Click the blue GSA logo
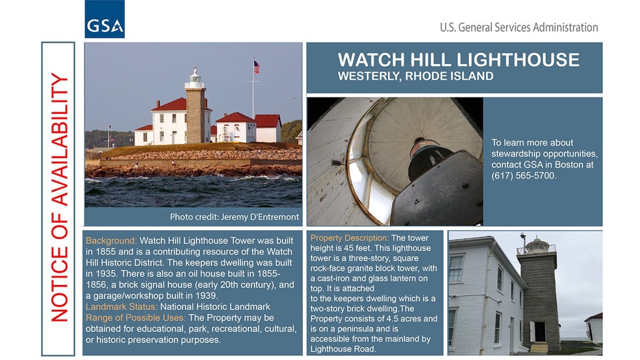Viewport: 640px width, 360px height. click(x=104, y=19)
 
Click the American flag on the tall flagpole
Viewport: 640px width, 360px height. click(x=256, y=67)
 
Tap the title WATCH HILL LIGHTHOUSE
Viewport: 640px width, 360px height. click(x=458, y=60)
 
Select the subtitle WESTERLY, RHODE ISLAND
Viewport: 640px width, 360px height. click(x=415, y=76)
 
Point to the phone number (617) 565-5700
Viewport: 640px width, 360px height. click(x=524, y=176)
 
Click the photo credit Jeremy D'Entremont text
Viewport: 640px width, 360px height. click(x=234, y=216)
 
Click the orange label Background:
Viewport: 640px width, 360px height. click(x=111, y=241)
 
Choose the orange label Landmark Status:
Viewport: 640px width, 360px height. click(x=122, y=306)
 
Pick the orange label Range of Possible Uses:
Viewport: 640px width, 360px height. click(x=135, y=317)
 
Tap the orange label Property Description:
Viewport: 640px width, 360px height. click(x=350, y=238)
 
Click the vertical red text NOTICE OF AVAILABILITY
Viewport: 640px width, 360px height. click(x=59, y=198)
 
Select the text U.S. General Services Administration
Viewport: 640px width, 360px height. click(x=518, y=27)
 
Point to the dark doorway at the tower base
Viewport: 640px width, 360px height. click(x=540, y=332)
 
